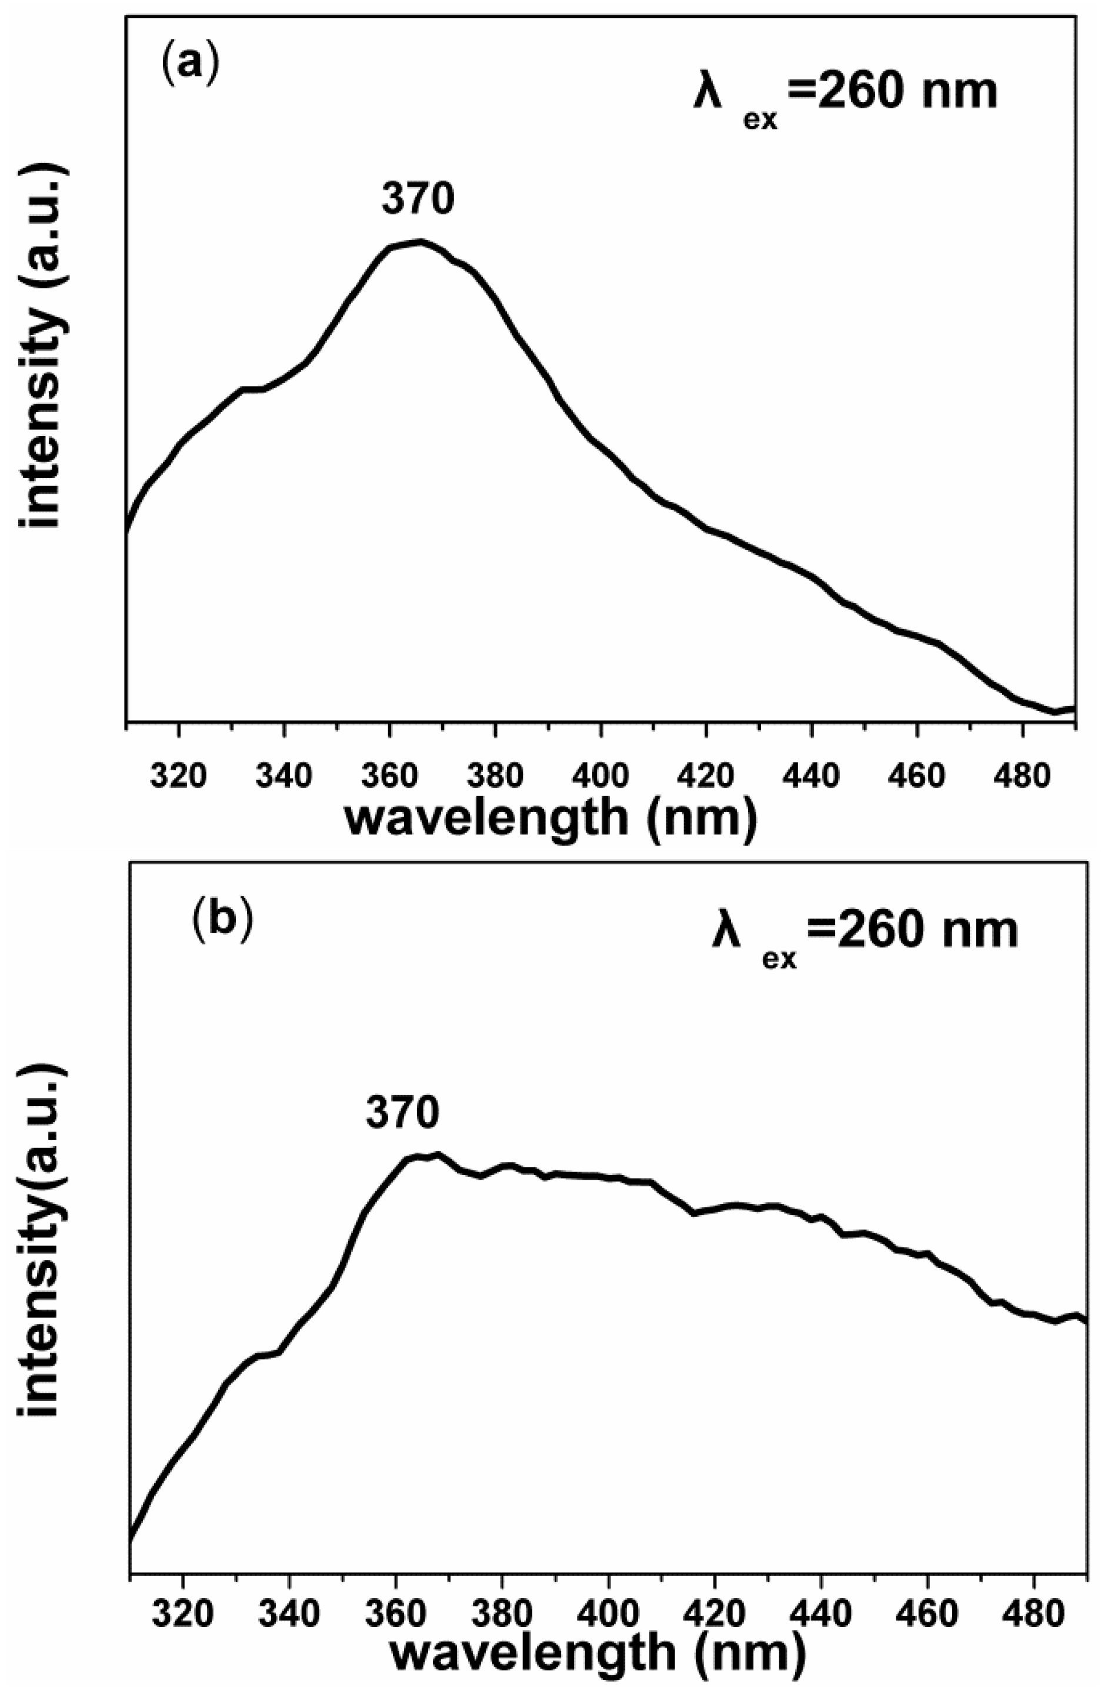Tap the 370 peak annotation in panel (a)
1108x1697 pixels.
[418, 199]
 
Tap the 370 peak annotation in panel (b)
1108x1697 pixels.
[403, 1111]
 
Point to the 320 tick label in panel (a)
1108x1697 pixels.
[179, 775]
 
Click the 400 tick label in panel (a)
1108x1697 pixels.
[602, 775]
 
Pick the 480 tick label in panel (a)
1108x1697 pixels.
[1023, 775]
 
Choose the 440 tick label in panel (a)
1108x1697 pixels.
[812, 775]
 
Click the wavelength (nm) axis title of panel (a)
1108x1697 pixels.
[550, 818]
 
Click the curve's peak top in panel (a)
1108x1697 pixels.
[420, 242]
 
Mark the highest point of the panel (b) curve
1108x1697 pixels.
[438, 1154]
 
